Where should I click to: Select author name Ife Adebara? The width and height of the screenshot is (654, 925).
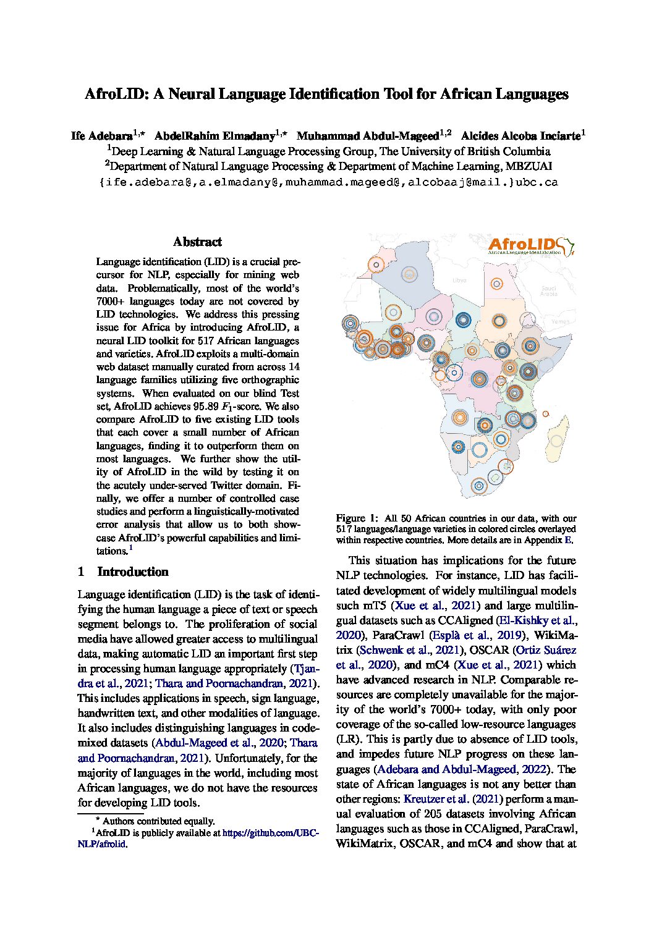[x=102, y=135]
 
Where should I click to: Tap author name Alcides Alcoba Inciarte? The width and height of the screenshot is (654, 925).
[x=520, y=135]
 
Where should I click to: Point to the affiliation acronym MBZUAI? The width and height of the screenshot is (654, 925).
[x=529, y=166]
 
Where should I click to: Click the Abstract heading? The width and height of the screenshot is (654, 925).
[x=197, y=242]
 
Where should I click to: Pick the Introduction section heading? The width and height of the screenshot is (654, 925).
[x=133, y=572]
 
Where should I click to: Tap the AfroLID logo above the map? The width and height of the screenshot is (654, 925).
[x=530, y=246]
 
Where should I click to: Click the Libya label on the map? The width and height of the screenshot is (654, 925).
[x=459, y=281]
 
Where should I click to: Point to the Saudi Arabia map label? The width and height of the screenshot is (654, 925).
[x=549, y=291]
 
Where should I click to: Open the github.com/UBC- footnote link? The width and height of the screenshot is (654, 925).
[x=270, y=833]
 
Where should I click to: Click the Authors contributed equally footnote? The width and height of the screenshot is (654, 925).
[x=158, y=821]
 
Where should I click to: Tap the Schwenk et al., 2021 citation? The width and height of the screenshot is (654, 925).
[x=410, y=650]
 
